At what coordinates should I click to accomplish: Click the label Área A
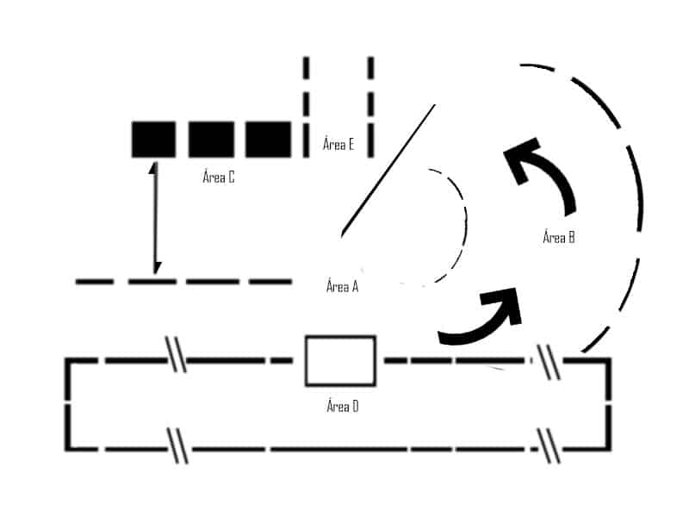(x=342, y=286)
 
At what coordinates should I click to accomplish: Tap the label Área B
(x=558, y=237)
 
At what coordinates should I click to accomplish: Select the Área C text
(x=219, y=177)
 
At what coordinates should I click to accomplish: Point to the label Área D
(x=342, y=406)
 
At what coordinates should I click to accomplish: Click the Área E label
(x=338, y=144)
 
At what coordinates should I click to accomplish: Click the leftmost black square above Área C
(x=154, y=140)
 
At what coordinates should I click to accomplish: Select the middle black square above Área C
(x=211, y=140)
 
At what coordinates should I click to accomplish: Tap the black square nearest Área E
(x=268, y=140)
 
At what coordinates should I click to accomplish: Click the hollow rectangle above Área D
(x=340, y=361)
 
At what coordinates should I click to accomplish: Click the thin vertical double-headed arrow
(x=155, y=218)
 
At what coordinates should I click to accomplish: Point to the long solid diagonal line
(x=388, y=170)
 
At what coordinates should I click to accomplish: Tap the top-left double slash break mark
(x=176, y=354)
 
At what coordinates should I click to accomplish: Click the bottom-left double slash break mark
(x=177, y=445)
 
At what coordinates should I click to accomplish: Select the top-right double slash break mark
(x=549, y=362)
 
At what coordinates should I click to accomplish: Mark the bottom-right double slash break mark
(x=549, y=445)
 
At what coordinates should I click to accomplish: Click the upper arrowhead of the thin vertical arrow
(x=154, y=168)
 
